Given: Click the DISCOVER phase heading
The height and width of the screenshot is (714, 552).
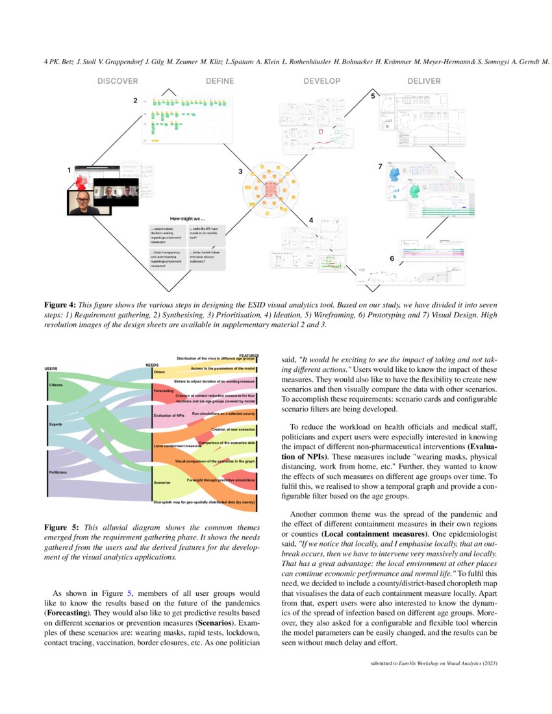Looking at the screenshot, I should tap(118, 81).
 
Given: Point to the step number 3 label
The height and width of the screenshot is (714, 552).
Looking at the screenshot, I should tap(240, 172).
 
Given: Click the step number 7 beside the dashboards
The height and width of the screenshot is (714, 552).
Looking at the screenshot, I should tap(380, 167).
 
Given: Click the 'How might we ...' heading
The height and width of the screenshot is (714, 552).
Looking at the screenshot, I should tap(187, 218).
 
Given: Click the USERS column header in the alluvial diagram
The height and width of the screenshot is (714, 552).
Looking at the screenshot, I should tap(51, 369).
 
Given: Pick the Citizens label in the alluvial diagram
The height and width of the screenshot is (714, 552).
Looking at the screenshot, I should tap(56, 385).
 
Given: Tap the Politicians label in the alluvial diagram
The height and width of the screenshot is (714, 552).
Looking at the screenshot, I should tap(58, 472).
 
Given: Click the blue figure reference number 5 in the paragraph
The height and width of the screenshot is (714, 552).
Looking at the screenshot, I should tap(129, 593).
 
